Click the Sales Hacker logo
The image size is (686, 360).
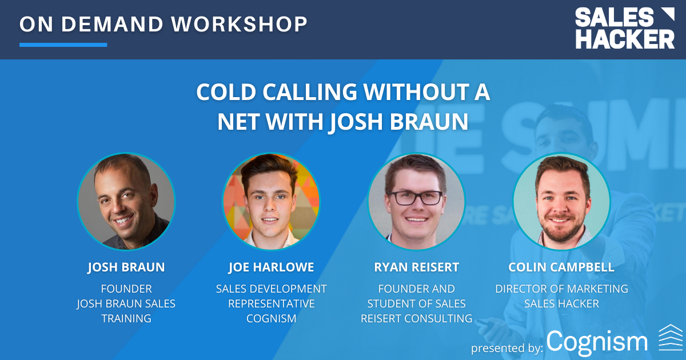click(624, 28)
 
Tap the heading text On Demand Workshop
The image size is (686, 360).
click(163, 24)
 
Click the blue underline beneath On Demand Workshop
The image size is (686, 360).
click(63, 45)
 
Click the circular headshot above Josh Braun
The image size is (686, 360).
click(126, 201)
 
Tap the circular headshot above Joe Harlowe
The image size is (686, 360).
click(271, 201)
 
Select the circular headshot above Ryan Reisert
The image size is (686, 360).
click(416, 201)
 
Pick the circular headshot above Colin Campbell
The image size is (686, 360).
click(561, 201)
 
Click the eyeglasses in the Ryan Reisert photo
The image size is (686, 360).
click(416, 198)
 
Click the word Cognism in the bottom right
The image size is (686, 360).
click(597, 342)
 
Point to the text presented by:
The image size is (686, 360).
click(506, 347)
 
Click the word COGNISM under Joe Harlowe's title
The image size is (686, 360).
click(271, 318)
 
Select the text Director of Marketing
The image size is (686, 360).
click(561, 289)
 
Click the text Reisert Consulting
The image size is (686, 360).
click(416, 318)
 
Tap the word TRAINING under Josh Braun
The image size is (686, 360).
click(126, 318)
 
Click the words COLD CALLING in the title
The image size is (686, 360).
click(272, 93)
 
